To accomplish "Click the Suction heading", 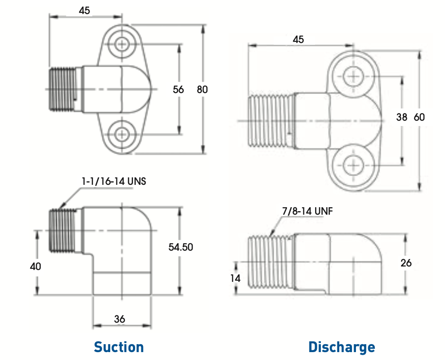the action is point(118,347).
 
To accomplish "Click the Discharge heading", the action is point(342,347).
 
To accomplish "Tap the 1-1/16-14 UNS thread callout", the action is point(114,181).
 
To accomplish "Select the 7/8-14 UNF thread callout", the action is point(307,211).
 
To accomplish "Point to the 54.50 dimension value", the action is point(181,247).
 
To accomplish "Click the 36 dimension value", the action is point(119,319).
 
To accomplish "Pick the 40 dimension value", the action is point(36,266).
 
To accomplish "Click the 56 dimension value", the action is point(178,90).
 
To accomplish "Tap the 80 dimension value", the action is point(202,90).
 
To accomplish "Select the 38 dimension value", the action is point(402,117).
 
